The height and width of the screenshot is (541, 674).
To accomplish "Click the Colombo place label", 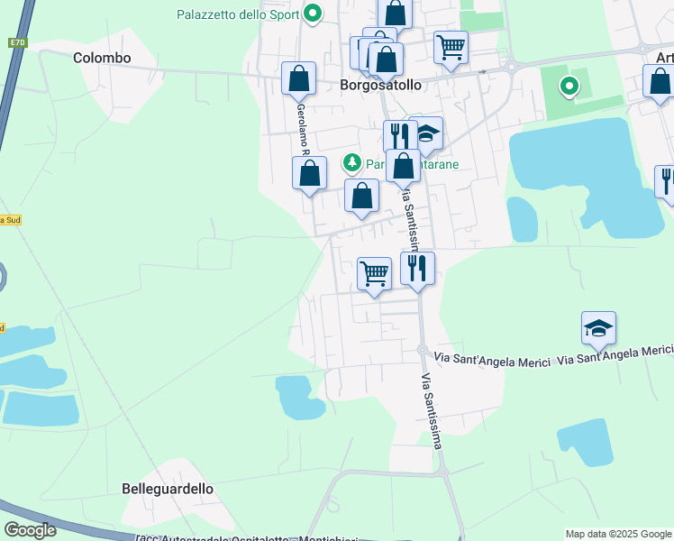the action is pos(102,58).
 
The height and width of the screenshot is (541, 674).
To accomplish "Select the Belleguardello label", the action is pos(168,489).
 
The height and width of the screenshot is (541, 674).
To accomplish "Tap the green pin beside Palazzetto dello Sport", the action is pos(313,14).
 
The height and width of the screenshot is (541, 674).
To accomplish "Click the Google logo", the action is pos(30,530).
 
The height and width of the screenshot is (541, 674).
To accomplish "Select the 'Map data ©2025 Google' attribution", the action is pos(617,534).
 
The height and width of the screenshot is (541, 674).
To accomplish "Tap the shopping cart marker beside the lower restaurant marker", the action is pos(374,271).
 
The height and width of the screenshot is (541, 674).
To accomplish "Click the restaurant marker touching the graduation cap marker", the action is pos(399,135).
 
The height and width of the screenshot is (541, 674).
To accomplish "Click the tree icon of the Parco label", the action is pos(351,163).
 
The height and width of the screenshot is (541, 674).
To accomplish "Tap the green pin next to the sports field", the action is pos(569,87).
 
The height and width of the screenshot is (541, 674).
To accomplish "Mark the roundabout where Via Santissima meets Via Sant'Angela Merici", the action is pos(422,350).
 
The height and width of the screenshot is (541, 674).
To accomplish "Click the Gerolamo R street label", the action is pos(301,126).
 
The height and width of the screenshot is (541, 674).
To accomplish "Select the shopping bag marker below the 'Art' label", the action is pos(660,81).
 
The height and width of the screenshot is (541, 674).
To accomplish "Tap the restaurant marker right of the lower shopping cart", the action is pos(417,268).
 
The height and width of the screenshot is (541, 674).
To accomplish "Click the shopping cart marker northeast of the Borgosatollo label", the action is pos(450,46).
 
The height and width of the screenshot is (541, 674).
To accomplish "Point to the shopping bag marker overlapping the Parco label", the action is pos(403,166).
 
